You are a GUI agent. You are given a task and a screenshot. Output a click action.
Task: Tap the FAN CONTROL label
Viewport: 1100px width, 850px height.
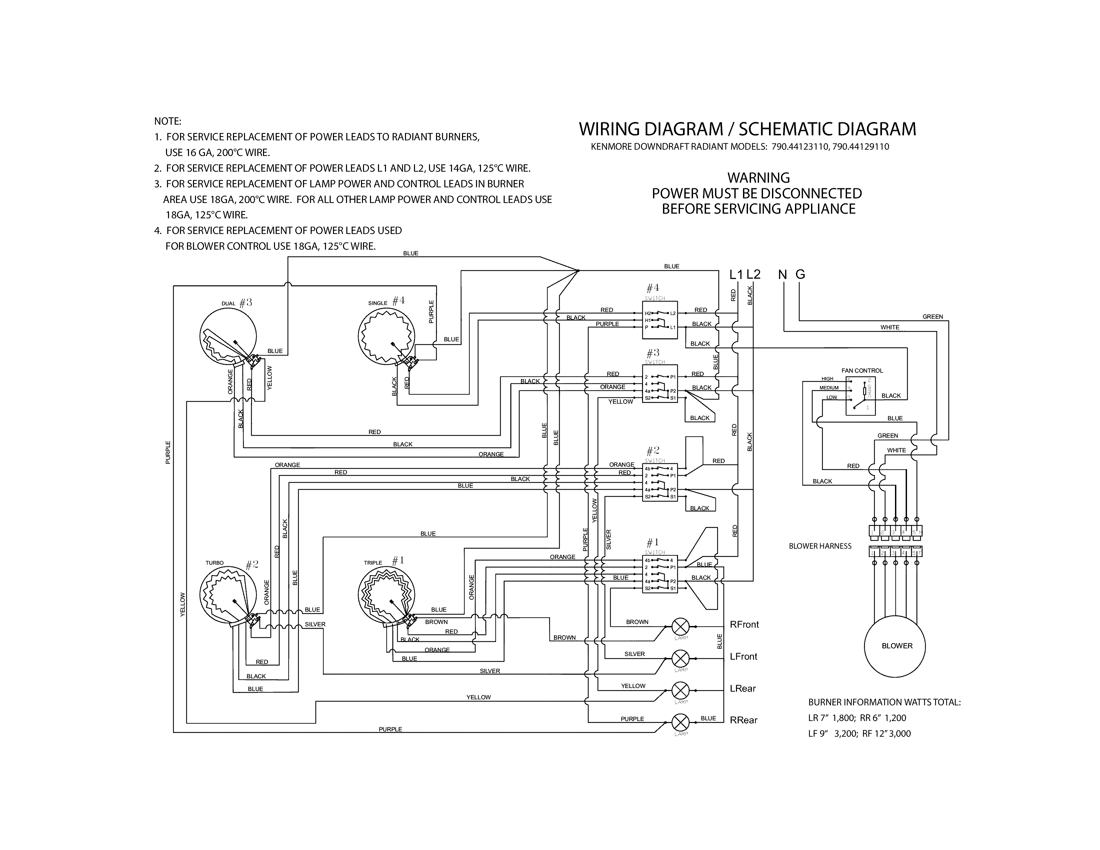862,371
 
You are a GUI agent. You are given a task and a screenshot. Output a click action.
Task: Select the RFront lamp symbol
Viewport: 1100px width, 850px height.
681,627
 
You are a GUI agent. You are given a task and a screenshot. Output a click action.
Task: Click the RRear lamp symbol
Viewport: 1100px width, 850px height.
681,723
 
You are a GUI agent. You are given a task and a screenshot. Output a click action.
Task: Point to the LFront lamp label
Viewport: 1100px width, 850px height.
743,657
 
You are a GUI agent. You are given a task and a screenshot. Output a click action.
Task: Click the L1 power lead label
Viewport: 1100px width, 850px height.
736,274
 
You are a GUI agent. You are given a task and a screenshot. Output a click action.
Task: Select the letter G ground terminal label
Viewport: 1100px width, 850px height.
800,274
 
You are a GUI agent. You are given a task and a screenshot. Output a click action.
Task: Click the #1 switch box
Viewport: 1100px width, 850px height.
660,574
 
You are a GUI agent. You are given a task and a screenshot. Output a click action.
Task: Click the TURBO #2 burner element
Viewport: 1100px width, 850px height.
228,595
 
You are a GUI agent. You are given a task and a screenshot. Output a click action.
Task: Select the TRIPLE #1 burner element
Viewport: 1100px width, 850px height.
386,595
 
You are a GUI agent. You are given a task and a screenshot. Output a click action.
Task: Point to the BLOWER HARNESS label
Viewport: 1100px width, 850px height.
820,546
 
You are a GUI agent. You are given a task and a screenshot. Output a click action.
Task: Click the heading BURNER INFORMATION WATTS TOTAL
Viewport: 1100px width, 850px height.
884,702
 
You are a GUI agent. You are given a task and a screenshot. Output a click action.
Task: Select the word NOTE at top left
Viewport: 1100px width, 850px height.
167,121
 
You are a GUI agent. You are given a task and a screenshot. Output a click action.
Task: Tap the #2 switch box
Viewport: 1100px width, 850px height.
660,482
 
